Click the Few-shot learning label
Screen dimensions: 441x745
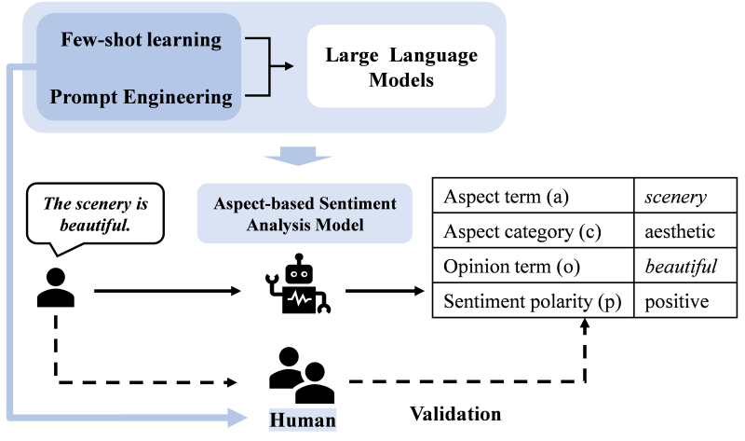[x=141, y=40]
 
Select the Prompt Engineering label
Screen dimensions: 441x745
[x=141, y=97]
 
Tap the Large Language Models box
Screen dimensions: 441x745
[x=400, y=68]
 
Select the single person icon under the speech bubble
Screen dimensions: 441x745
[x=55, y=288]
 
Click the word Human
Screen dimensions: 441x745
[x=302, y=420]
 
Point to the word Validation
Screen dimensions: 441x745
[x=455, y=413]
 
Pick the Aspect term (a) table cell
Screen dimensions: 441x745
[x=534, y=198]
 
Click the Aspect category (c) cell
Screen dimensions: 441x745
[x=534, y=232]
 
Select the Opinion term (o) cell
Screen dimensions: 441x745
[x=534, y=267]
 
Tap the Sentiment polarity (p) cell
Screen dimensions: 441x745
[x=534, y=301]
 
